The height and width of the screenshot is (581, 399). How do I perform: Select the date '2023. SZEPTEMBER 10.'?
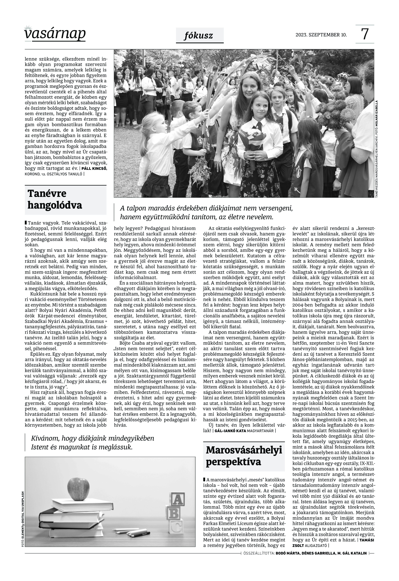tap(321, 35)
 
